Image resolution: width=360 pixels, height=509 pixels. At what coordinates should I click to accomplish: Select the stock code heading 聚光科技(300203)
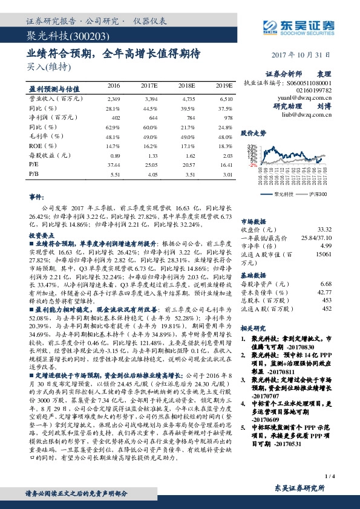(x=59, y=37)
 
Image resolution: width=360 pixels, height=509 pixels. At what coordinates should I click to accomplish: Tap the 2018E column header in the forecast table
(x=187, y=85)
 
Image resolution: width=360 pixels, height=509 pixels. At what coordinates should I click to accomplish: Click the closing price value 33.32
(x=324, y=230)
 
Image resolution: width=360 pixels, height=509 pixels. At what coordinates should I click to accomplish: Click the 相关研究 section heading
(x=253, y=328)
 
